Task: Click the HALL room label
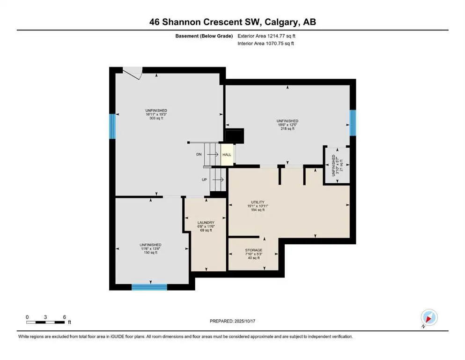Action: [227, 155]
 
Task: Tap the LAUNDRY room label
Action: [206, 223]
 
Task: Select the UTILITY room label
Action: [258, 202]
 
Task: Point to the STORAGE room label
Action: [253, 250]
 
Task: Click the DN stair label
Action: [199, 154]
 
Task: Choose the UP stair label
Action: [204, 180]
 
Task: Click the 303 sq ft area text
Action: [156, 118]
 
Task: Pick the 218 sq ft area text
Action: [288, 129]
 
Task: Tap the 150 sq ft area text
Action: [151, 253]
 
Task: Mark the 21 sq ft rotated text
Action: [341, 165]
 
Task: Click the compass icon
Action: [429, 318]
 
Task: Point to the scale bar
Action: [45, 322]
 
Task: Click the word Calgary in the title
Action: [281, 22]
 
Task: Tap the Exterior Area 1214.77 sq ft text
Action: [266, 36]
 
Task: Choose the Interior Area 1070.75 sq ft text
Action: [266, 43]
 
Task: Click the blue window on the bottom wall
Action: [149, 287]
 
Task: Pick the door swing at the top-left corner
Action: [133, 73]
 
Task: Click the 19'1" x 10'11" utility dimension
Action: [258, 206]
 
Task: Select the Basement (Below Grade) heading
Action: [204, 36]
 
